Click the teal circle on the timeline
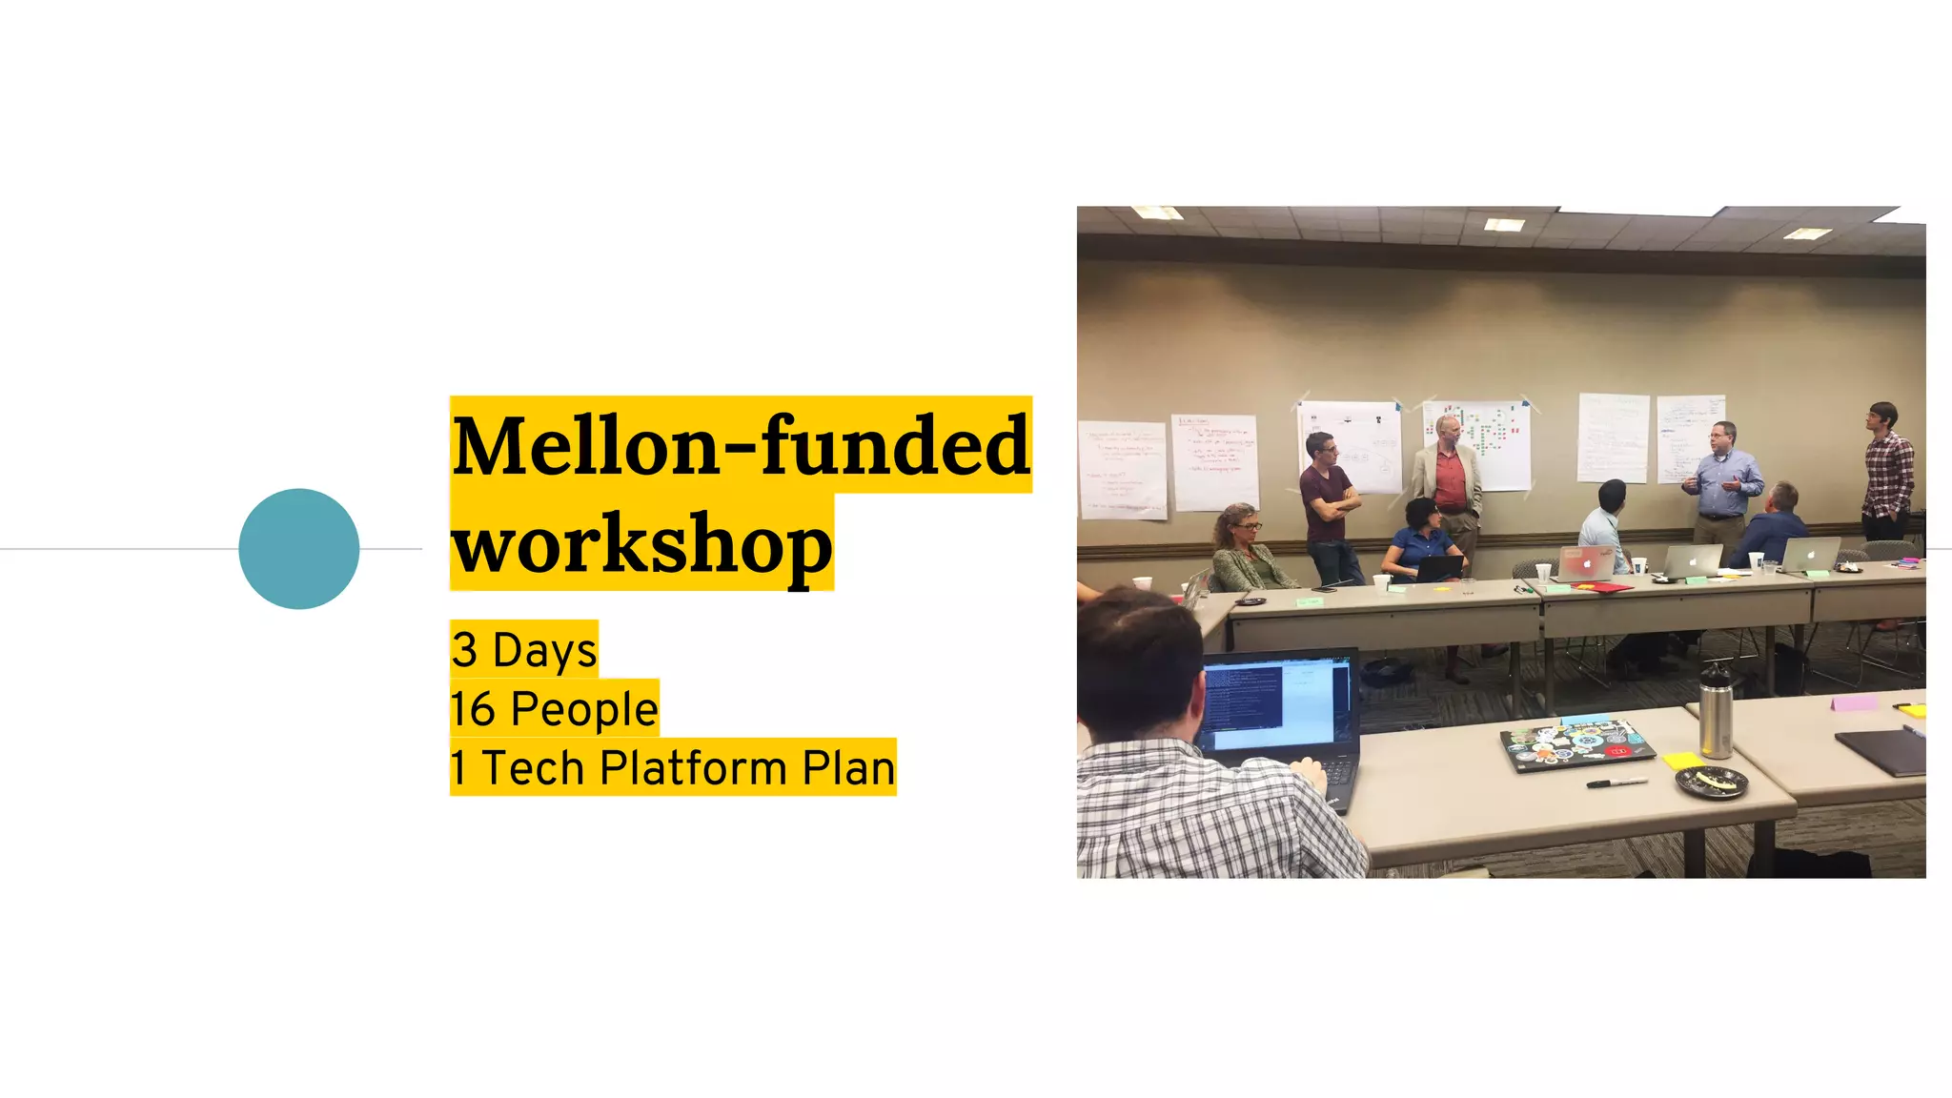[298, 549]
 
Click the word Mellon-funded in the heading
[741, 445]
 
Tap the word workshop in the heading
[641, 543]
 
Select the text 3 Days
[524, 650]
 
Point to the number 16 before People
[473, 709]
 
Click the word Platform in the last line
[692, 768]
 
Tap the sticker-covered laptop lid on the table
[1576, 743]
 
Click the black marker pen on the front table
[1616, 783]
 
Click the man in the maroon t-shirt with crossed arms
[1329, 505]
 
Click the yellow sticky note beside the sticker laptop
[1681, 761]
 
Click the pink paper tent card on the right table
[1854, 703]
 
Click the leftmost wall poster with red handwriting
[1122, 470]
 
